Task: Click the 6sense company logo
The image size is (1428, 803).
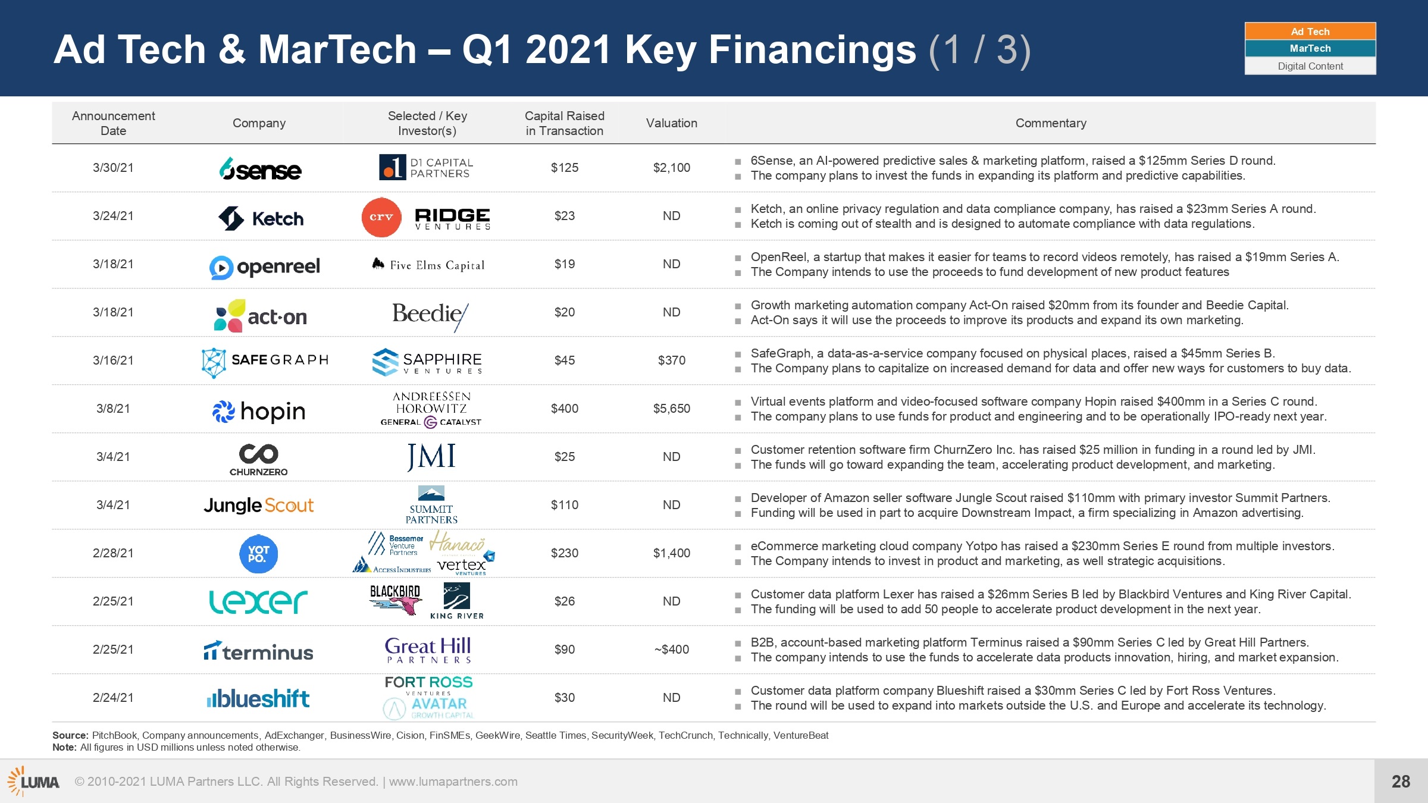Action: [260, 169]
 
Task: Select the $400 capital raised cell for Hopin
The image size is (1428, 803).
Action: [564, 409]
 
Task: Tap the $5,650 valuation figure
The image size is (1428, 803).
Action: [672, 409]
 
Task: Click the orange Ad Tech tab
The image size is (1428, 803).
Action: [1310, 32]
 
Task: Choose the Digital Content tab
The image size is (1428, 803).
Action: [1310, 66]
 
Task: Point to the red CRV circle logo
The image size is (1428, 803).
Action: [381, 217]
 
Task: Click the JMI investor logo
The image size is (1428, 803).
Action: [431, 457]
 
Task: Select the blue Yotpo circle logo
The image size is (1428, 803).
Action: [259, 554]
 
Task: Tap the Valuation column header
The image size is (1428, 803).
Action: [672, 123]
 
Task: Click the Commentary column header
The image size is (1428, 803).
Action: [1051, 123]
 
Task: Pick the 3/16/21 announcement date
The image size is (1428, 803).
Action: [113, 360]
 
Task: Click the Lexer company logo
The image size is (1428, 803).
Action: [258, 601]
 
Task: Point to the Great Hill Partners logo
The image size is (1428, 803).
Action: [428, 650]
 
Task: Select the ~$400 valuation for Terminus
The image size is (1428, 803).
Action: [672, 650]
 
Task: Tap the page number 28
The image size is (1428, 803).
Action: [1401, 782]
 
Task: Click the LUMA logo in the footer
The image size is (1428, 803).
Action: [33, 781]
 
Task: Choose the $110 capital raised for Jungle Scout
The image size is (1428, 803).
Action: [564, 505]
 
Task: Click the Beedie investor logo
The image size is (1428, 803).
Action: [430, 316]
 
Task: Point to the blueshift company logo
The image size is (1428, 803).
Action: [258, 698]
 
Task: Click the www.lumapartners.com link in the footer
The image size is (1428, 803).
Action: [453, 782]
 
